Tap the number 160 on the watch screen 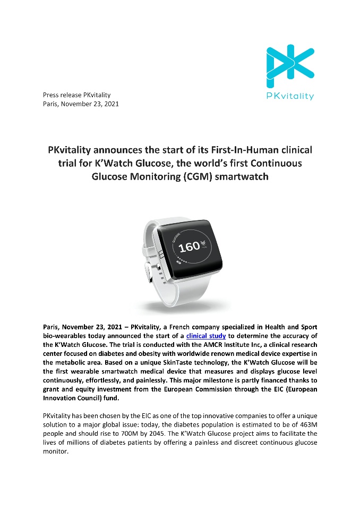(x=188, y=246)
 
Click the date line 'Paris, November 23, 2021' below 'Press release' (x=81, y=104)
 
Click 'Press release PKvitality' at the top (x=76, y=95)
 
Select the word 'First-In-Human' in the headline (x=226, y=150)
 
